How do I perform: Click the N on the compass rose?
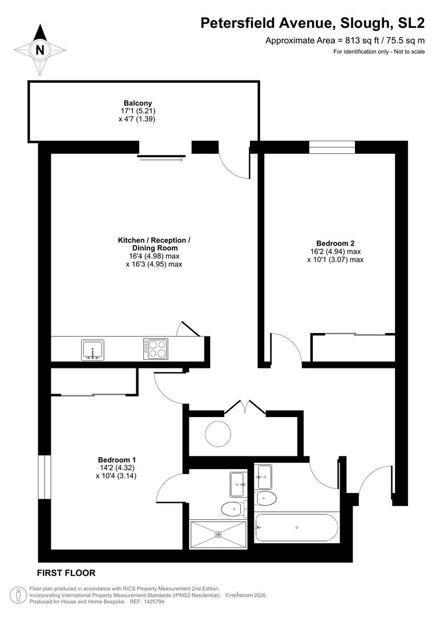click(x=39, y=50)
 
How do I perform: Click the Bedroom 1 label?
click(x=117, y=459)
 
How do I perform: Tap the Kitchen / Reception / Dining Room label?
click(x=154, y=244)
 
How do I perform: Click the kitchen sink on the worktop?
click(x=92, y=349)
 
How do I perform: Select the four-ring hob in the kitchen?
click(x=155, y=349)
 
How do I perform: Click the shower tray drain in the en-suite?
click(x=217, y=535)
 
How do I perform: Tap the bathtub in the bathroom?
click(x=296, y=527)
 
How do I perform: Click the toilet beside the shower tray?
click(x=232, y=508)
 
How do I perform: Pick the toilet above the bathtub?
click(x=266, y=498)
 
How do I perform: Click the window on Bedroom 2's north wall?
click(x=332, y=147)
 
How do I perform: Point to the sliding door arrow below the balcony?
click(x=162, y=160)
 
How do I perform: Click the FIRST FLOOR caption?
click(x=66, y=572)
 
